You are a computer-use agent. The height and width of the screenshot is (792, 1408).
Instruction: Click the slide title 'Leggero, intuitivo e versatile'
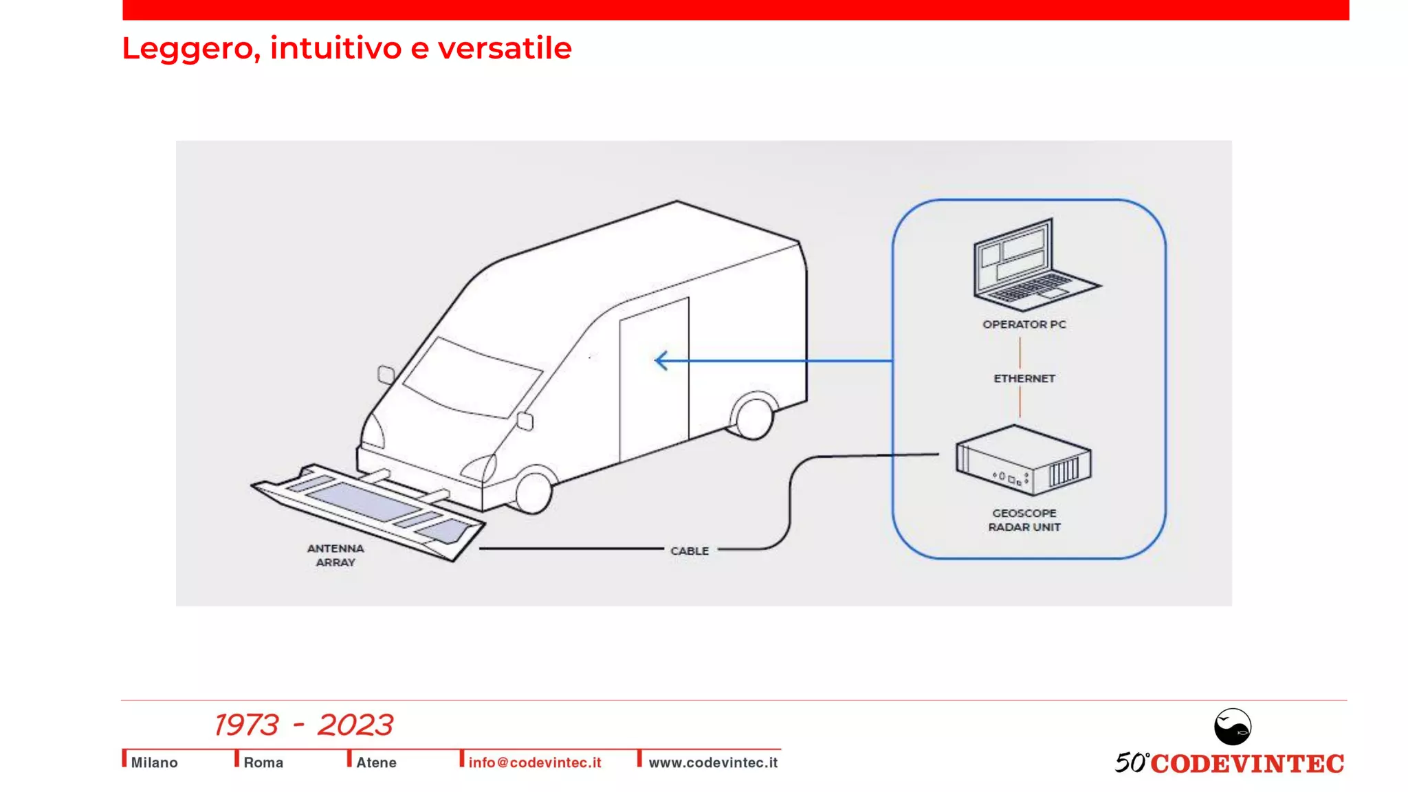pyautogui.click(x=346, y=48)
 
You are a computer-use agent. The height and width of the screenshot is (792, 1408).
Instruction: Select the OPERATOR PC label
pyautogui.click(x=1024, y=324)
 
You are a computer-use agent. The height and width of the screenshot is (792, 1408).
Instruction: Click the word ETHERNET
pyautogui.click(x=1024, y=379)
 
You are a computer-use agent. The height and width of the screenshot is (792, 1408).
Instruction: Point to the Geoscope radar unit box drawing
pyautogui.click(x=1022, y=460)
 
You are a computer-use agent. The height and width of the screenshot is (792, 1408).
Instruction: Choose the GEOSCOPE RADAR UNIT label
pyautogui.click(x=1024, y=520)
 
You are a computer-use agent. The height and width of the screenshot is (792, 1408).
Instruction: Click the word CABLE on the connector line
pyautogui.click(x=689, y=551)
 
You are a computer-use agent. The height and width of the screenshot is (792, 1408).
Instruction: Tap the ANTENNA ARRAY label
pyautogui.click(x=335, y=555)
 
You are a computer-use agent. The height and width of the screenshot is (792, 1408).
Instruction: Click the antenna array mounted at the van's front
pyautogui.click(x=371, y=509)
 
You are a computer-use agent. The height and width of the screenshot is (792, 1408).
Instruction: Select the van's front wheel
pyautogui.click(x=533, y=491)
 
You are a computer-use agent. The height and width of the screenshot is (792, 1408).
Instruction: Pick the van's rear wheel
pyautogui.click(x=753, y=417)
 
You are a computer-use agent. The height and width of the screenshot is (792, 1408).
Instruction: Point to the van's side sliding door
pyautogui.click(x=654, y=378)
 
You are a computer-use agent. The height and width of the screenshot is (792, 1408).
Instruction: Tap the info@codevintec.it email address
pyautogui.click(x=534, y=762)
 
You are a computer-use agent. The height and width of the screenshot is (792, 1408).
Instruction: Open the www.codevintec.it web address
pyautogui.click(x=713, y=762)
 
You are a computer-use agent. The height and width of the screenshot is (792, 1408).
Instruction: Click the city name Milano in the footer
pyautogui.click(x=154, y=762)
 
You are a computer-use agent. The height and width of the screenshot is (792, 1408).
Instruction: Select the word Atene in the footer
pyautogui.click(x=376, y=762)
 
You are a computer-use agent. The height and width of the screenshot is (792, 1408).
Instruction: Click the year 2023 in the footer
pyautogui.click(x=355, y=725)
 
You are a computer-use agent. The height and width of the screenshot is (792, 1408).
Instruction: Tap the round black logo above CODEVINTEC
pyautogui.click(x=1232, y=727)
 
